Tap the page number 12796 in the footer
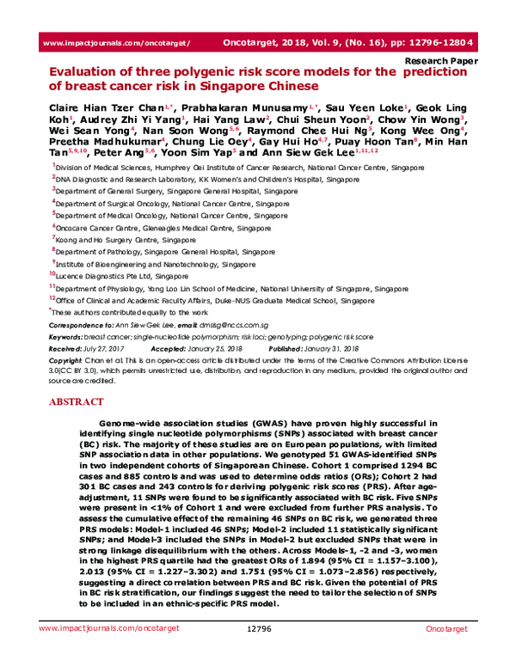point(259,654)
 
